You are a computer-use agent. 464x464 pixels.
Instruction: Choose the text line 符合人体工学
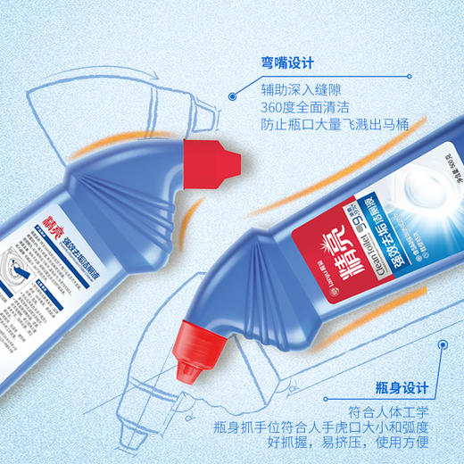coord(386,410)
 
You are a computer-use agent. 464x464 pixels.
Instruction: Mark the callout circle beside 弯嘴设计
coord(231,91)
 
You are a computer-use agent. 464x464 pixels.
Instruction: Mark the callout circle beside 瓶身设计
coord(440,341)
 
